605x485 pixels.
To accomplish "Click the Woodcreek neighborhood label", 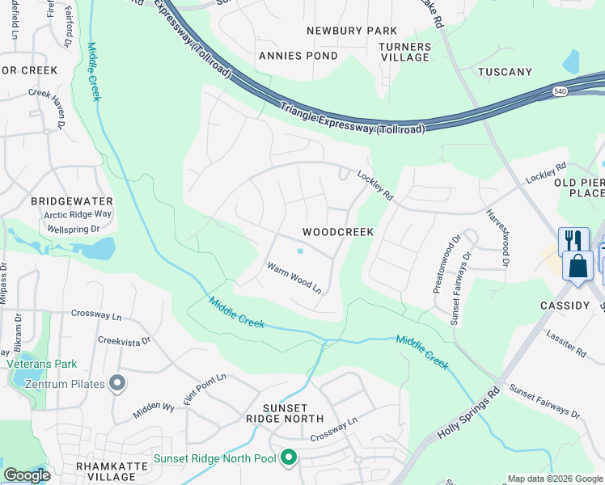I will pyautogui.click(x=338, y=232).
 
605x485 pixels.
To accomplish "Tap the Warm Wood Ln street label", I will pyautogui.click(x=294, y=277).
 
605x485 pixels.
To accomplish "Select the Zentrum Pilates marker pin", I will pyautogui.click(x=118, y=383).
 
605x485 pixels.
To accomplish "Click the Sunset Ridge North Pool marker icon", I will pyautogui.click(x=289, y=459).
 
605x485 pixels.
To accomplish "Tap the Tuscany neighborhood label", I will pyautogui.click(x=505, y=72).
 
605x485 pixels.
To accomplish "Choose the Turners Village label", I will pyautogui.click(x=404, y=53).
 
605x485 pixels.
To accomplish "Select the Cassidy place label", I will pyautogui.click(x=565, y=306).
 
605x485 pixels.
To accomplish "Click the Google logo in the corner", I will pyautogui.click(x=27, y=475).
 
